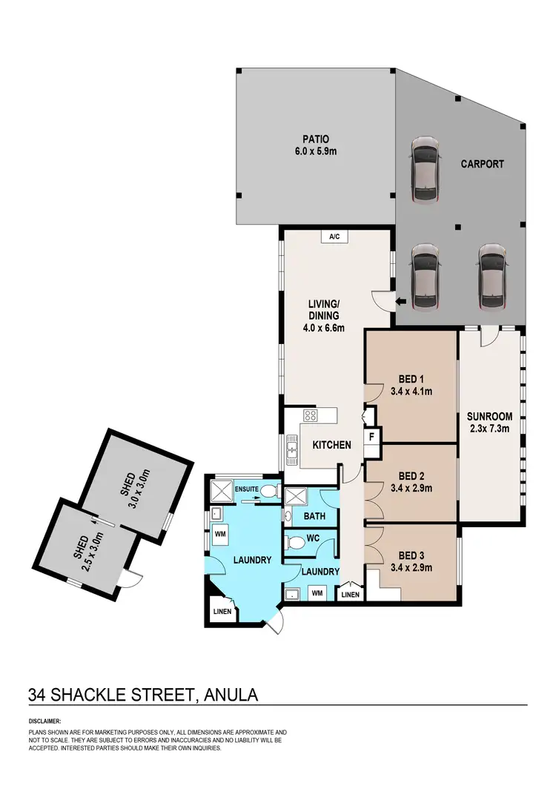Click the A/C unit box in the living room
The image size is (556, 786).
334,237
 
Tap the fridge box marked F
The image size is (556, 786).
371,437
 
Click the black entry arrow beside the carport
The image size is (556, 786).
400,301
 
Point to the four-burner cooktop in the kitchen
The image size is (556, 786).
311,416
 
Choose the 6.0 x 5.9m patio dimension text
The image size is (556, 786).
315,152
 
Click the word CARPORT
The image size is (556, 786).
482,164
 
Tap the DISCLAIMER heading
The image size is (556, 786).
45,720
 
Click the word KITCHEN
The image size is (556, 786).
331,445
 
